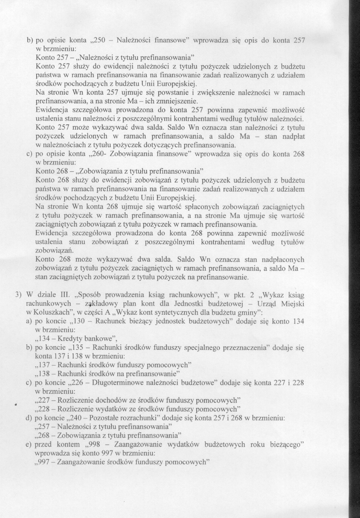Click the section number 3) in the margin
[17, 295]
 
